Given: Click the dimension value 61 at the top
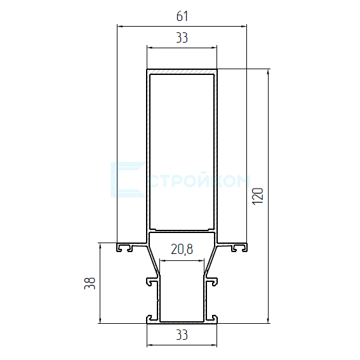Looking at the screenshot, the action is click(x=182, y=17).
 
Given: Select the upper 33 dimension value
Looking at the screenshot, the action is click(x=182, y=38).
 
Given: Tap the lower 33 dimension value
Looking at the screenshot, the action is click(x=182, y=335).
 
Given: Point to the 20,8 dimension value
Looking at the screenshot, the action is click(x=182, y=250).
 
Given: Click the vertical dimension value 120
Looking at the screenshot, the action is click(x=258, y=196).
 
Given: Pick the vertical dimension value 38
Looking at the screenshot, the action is click(x=90, y=283).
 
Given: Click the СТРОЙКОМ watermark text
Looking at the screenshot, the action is click(x=201, y=182).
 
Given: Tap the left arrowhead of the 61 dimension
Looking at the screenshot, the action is click(x=120, y=27).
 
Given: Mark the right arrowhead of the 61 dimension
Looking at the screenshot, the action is click(x=244, y=27).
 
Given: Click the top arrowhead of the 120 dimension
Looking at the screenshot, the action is click(x=268, y=72).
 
